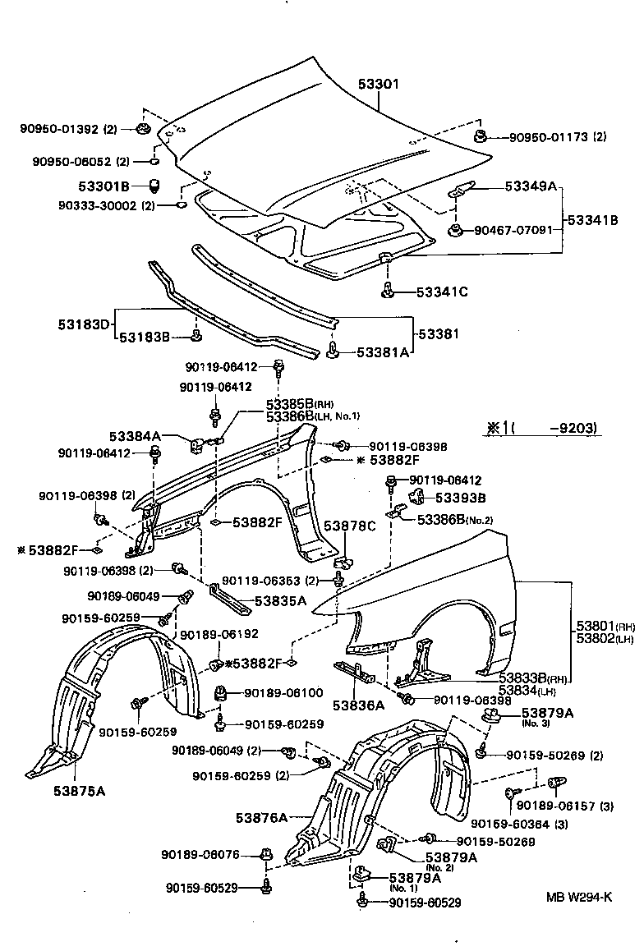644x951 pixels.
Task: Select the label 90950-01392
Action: (x=59, y=129)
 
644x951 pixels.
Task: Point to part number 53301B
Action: (x=106, y=187)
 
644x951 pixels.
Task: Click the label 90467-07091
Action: (x=513, y=230)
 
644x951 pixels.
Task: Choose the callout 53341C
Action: (x=442, y=291)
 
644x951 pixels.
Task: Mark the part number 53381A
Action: (x=381, y=351)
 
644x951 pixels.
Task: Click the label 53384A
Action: (x=135, y=435)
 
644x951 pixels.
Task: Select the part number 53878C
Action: (x=348, y=526)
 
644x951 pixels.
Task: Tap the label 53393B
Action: (x=460, y=498)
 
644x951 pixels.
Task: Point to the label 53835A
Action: (x=280, y=600)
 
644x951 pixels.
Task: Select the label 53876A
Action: (x=261, y=817)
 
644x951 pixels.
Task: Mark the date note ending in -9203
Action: (x=540, y=428)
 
